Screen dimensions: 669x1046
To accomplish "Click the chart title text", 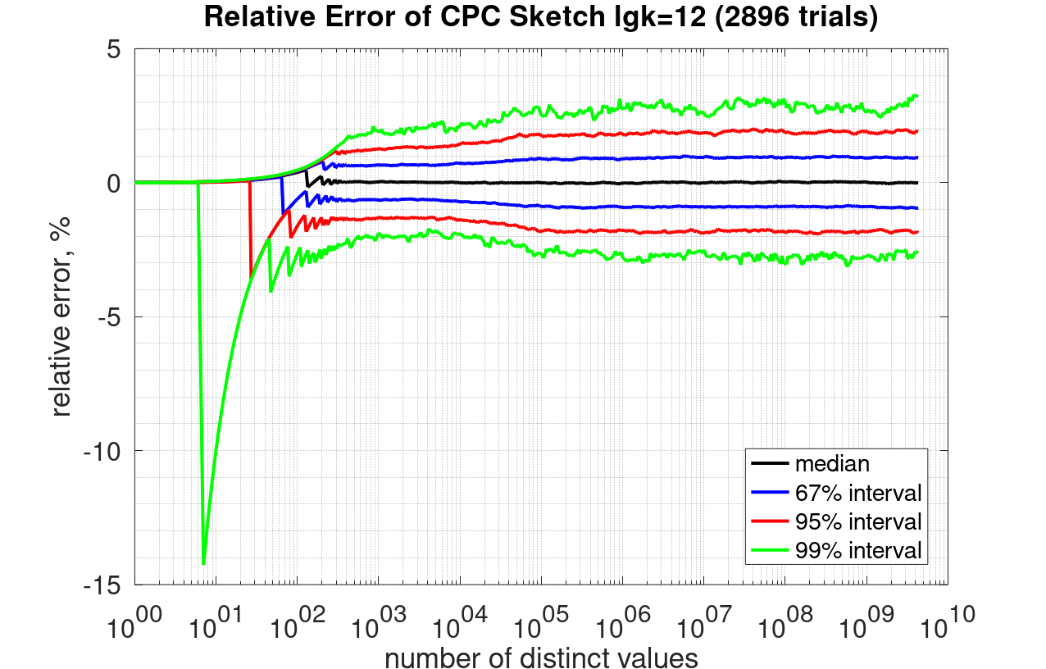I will pyautogui.click(x=540, y=17).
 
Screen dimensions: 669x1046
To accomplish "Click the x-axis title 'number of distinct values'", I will pyautogui.click(x=541, y=657).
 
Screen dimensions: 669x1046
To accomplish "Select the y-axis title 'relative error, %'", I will pyautogui.click(x=61, y=316).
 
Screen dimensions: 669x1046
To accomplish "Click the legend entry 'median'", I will pyautogui.click(x=832, y=463).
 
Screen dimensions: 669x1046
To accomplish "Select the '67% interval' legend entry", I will pyautogui.click(x=858, y=493).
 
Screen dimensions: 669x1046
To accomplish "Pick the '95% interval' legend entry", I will pyautogui.click(x=858, y=521).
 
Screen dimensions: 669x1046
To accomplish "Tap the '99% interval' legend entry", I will pyautogui.click(x=858, y=549).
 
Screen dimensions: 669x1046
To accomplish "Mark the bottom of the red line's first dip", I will pyautogui.click(x=250, y=279).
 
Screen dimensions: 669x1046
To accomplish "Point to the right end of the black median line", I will pyautogui.click(x=916, y=182).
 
